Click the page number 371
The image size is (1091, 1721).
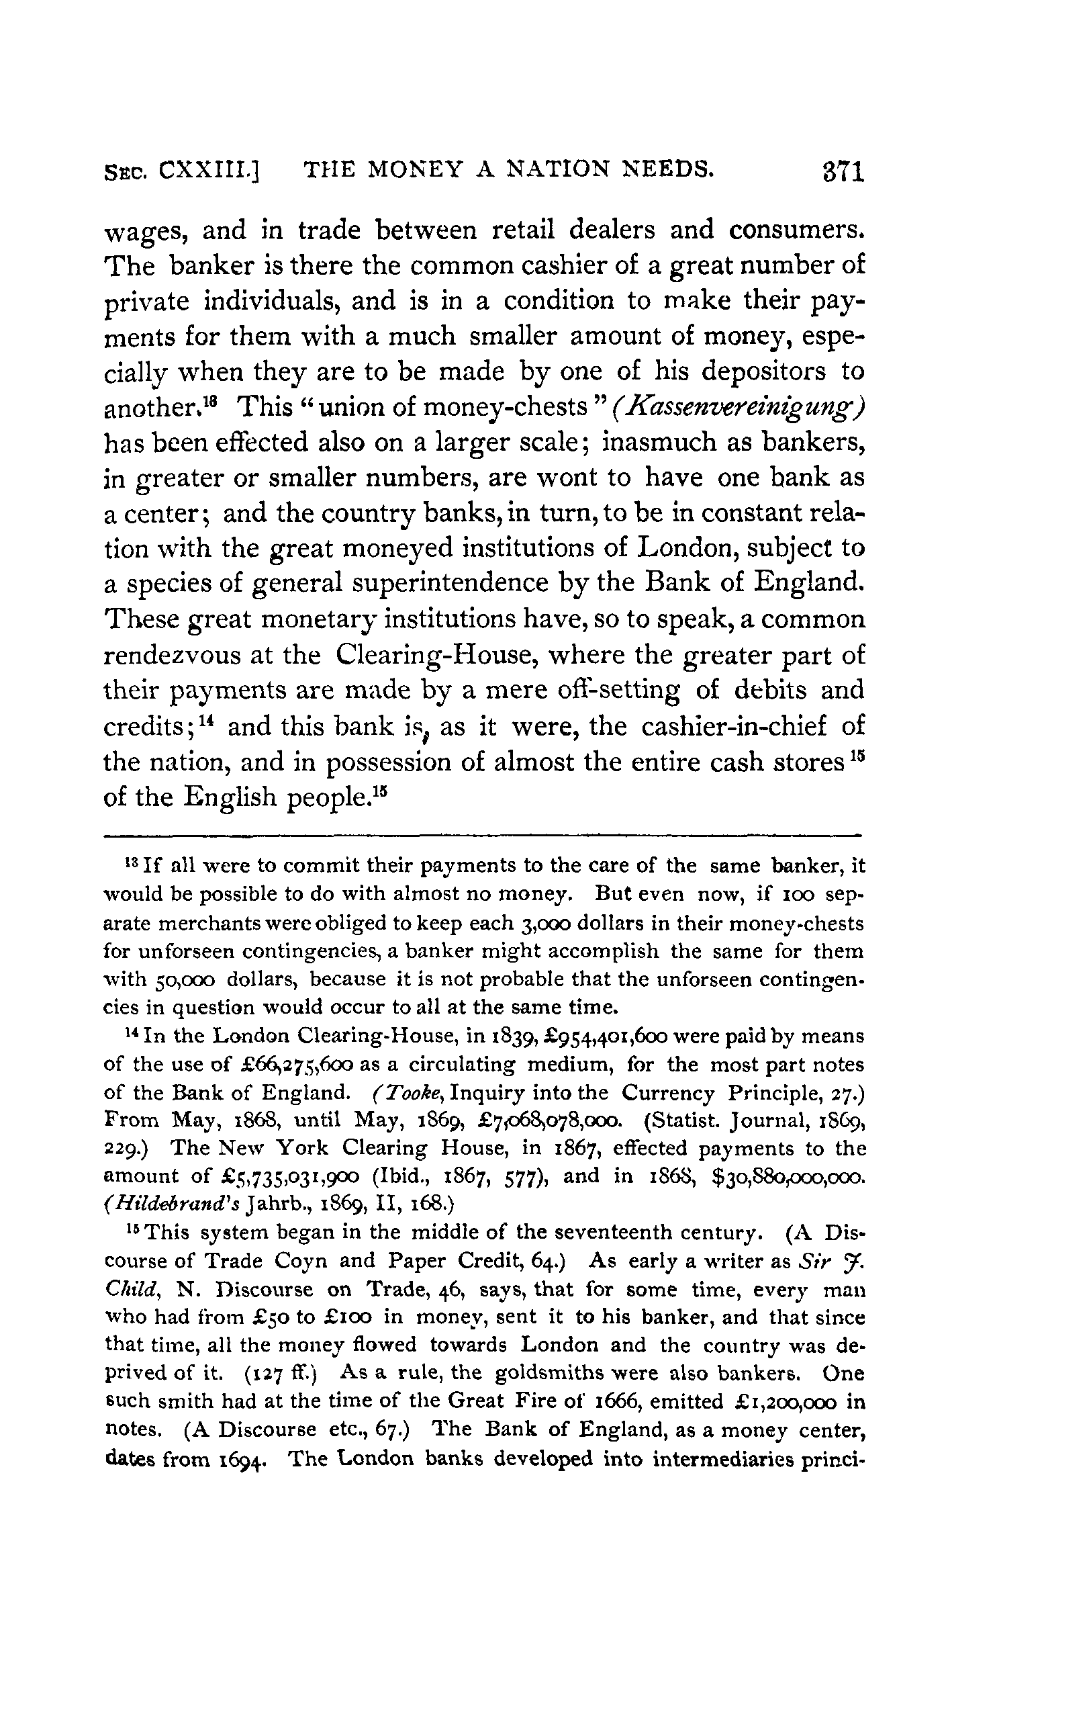843,173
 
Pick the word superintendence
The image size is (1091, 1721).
470,583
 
